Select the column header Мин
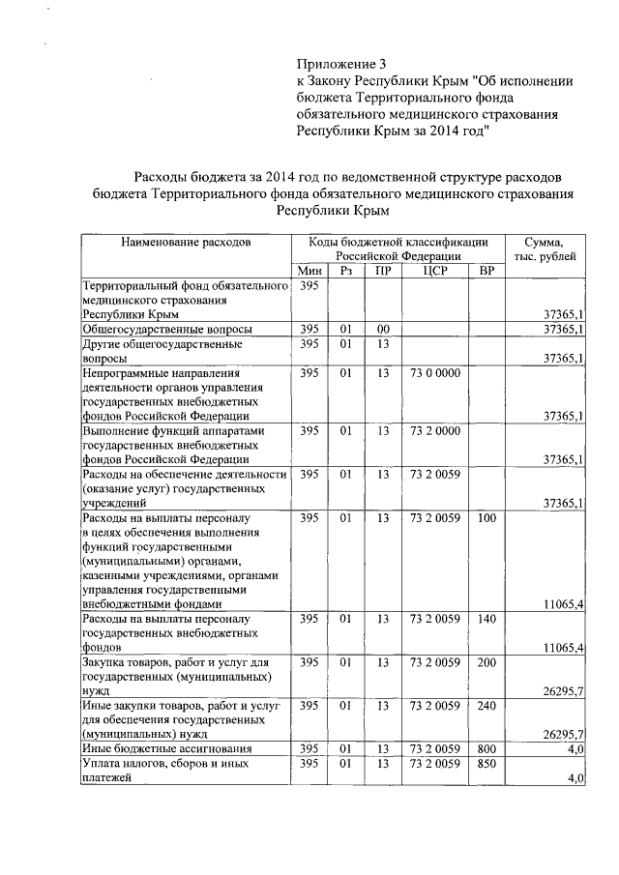[x=309, y=272]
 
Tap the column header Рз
[x=345, y=272]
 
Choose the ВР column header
[x=486, y=272]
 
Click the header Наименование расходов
[x=186, y=242]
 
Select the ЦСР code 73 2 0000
[x=434, y=430]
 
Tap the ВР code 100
[x=486, y=519]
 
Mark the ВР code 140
[x=486, y=619]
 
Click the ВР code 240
[x=486, y=707]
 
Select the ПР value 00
[x=383, y=330]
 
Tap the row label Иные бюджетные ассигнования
[x=168, y=749]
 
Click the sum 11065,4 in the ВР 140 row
[x=565, y=648]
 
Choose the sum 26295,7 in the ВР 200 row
[x=565, y=691]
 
